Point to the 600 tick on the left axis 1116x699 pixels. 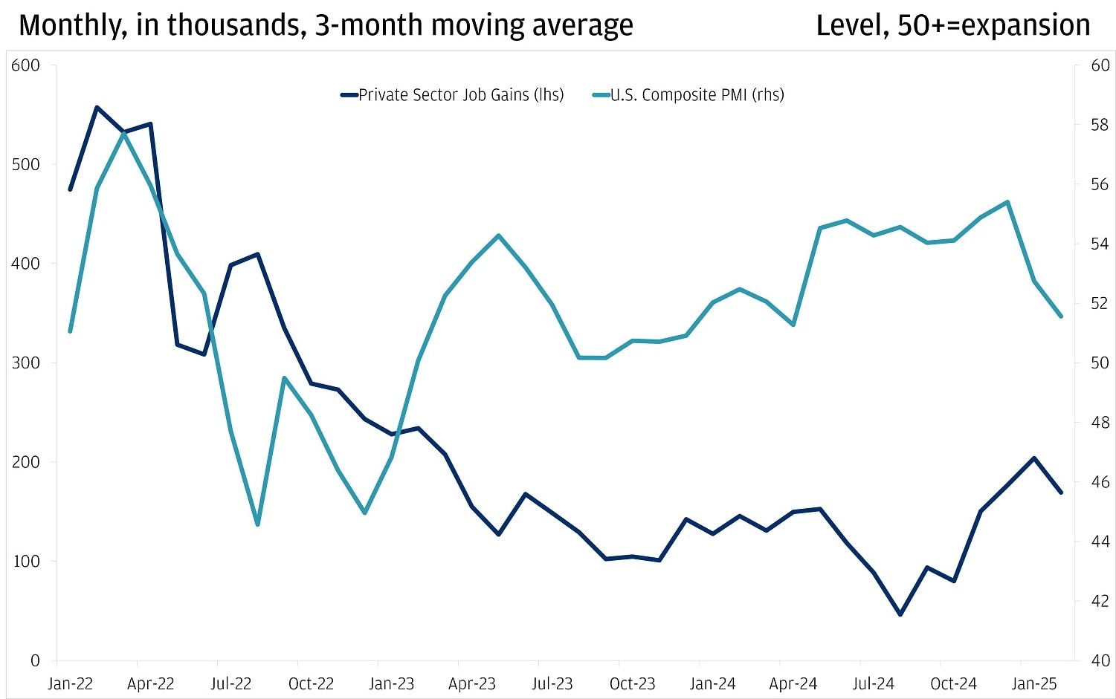(26, 65)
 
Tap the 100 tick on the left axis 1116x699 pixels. (26, 561)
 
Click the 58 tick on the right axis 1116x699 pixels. (1100, 125)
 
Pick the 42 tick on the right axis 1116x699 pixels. (1100, 601)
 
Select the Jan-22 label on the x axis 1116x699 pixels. (70, 683)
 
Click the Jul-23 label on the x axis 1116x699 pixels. (552, 683)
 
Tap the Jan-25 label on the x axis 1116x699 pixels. (1034, 683)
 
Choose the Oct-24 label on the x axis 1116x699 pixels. (954, 683)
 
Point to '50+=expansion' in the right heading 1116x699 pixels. (994, 25)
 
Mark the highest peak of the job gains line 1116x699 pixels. (97, 107)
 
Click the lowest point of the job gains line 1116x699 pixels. (900, 614)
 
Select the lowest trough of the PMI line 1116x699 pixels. (257, 524)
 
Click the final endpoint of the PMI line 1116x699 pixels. (1061, 316)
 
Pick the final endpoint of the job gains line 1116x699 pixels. (1061, 492)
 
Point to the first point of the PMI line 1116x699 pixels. (70, 331)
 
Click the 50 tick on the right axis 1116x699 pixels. (1100, 363)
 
